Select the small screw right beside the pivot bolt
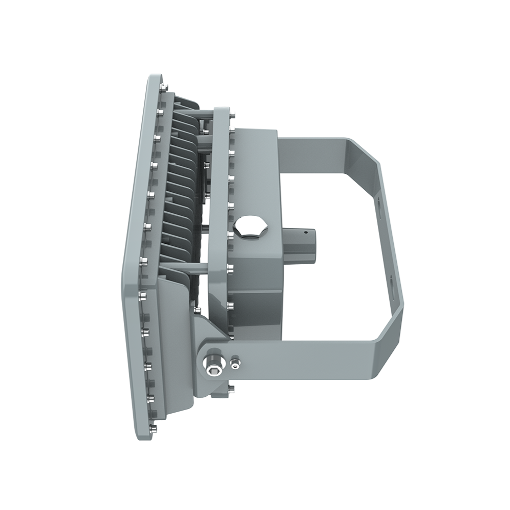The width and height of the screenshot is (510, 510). coord(235,363)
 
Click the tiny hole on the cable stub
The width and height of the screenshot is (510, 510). coord(307,233)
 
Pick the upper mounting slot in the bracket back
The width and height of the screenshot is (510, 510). coord(383,204)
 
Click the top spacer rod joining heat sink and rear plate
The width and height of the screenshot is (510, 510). coord(204,111)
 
